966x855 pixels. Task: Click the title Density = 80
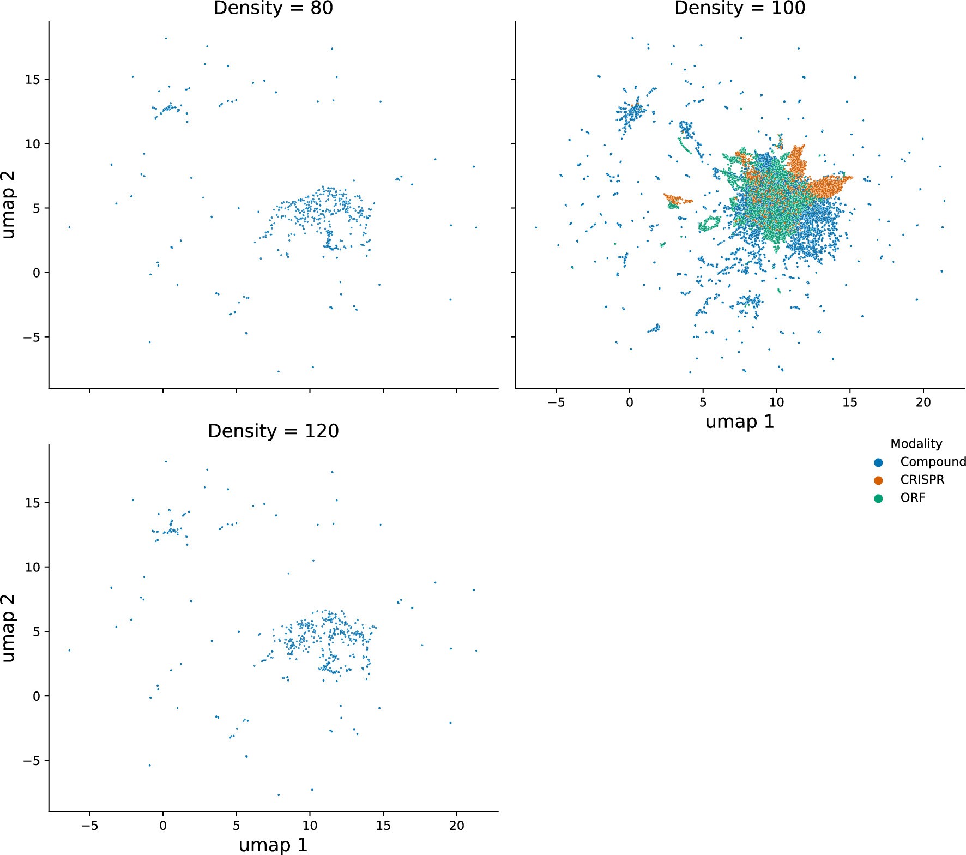tap(273, 8)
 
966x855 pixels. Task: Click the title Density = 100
tap(739, 8)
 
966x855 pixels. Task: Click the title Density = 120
tap(273, 431)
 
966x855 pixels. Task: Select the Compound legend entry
tap(932, 462)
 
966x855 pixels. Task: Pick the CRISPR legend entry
tap(922, 480)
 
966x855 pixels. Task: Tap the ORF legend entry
tap(912, 498)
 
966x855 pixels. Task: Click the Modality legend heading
tap(916, 444)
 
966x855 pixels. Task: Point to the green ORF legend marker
tap(878, 498)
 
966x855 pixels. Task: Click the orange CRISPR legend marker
tap(878, 480)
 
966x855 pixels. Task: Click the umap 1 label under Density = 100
tap(739, 422)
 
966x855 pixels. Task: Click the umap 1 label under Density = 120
tap(273, 845)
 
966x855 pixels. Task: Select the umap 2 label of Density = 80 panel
tap(9, 205)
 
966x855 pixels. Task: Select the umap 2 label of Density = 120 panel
tap(9, 628)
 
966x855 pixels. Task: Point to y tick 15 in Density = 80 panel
tap(32, 80)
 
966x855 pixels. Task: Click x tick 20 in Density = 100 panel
tap(923, 402)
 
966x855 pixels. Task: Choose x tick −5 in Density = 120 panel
tap(89, 826)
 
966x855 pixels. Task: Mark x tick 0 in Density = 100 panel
tap(630, 402)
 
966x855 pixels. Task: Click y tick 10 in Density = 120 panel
tap(32, 567)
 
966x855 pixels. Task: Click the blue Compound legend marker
tap(878, 462)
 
